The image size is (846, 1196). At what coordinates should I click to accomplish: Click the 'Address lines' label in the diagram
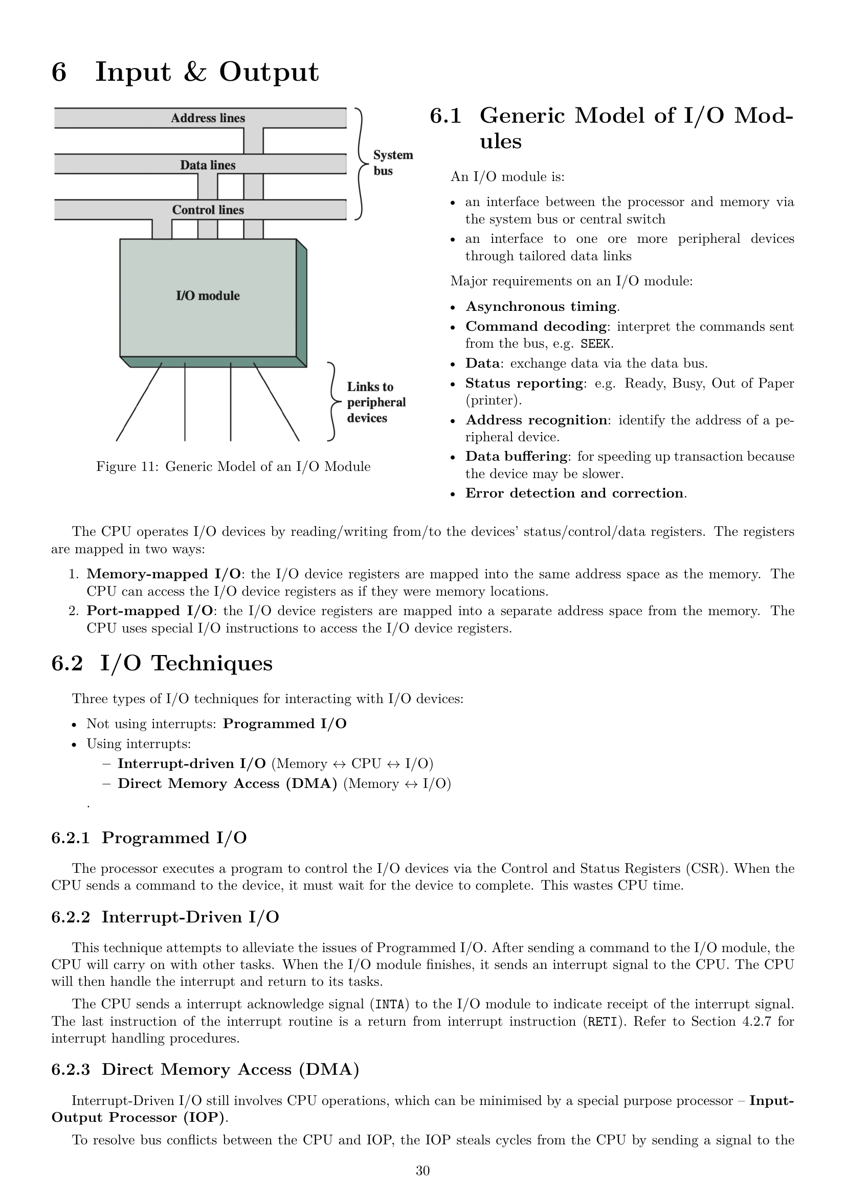[x=208, y=118]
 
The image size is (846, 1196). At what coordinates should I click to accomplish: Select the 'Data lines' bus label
[x=208, y=165]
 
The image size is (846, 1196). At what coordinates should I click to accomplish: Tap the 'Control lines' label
[x=208, y=210]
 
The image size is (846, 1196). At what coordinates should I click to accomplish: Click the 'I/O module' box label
[x=208, y=296]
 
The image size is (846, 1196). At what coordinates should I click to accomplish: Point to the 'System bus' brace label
[x=392, y=163]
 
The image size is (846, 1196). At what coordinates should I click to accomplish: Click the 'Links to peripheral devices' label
[x=375, y=402]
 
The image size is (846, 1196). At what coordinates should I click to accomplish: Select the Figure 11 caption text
[x=233, y=466]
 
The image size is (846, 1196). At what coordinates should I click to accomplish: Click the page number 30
[x=422, y=1170]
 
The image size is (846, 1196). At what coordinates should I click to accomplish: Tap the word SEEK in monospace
[x=596, y=344]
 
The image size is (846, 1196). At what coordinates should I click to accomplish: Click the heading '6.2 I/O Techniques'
[x=162, y=663]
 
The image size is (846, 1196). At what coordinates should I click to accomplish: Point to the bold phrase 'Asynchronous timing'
[x=541, y=306]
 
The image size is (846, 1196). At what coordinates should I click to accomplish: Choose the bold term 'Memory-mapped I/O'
[x=164, y=574]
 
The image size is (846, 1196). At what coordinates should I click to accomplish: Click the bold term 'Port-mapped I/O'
[x=149, y=611]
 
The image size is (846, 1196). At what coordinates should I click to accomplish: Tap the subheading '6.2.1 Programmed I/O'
[x=149, y=838]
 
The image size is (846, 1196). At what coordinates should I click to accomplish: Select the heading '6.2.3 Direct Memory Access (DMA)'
[x=205, y=1069]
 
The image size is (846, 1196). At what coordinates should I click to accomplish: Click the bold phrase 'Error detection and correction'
[x=574, y=493]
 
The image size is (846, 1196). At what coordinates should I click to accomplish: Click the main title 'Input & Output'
[x=206, y=72]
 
